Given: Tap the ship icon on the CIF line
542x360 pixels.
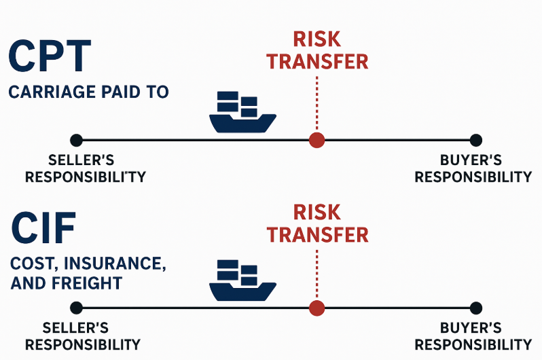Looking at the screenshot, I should tap(242, 280).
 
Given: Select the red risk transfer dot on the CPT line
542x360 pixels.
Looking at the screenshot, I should tap(317, 140).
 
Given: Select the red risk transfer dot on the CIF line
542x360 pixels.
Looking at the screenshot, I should tap(317, 307).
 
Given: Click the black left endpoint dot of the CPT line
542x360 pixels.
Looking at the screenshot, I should tap(76, 140).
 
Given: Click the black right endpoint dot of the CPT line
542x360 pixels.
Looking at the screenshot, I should tap(475, 140).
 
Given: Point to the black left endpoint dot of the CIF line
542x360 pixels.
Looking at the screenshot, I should tap(76, 307).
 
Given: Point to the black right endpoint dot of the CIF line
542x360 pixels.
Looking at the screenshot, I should tap(475, 307).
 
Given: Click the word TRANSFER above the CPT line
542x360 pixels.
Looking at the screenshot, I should tap(317, 61).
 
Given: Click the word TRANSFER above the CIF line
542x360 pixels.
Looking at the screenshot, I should tap(317, 234).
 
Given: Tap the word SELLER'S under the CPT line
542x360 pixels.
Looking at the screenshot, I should tap(82, 161).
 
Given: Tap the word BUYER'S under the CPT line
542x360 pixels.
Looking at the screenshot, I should tap(471, 161).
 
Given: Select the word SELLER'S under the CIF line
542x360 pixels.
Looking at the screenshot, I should tap(75, 327).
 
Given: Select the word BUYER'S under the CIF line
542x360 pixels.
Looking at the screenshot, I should tap(471, 327).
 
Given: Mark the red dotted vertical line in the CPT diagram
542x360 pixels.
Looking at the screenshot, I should tap(317, 102).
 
